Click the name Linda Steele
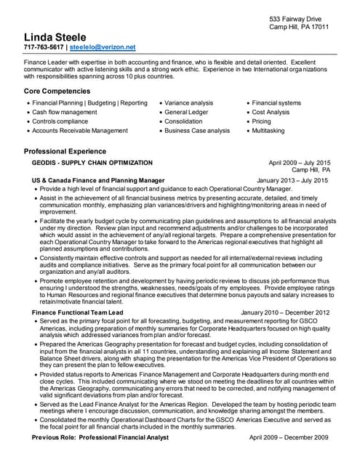55,37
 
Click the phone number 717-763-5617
44,47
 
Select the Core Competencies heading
57,92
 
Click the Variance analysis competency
188,103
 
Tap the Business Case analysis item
196,131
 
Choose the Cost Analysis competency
271,113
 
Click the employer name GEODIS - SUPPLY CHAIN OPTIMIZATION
92,163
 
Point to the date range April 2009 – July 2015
299,163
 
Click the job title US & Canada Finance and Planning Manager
98,179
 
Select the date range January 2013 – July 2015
292,179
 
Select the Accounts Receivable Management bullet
80,131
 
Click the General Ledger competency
186,113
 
